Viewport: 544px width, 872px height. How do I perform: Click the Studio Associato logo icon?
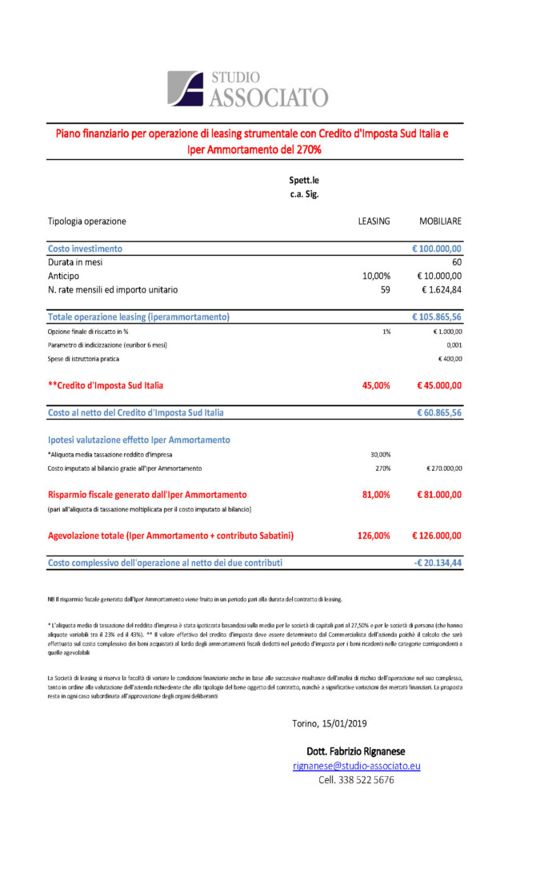tap(186, 88)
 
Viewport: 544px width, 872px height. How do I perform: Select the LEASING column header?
tap(374, 221)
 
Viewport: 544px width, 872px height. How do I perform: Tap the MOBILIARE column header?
tap(440, 221)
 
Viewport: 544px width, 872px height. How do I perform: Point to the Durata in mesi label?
tap(75, 261)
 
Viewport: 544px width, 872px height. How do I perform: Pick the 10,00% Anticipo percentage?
tap(375, 275)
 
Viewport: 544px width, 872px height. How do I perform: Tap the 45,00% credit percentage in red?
tap(374, 385)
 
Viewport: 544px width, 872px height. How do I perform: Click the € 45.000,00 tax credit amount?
tap(439, 385)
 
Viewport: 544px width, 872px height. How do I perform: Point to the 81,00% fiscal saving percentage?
tap(374, 495)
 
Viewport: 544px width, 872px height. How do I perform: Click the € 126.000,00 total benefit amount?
tap(437, 536)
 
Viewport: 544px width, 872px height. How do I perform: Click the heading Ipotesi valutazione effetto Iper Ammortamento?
tap(138, 440)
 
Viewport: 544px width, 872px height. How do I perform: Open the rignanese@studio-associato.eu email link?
tap(356, 766)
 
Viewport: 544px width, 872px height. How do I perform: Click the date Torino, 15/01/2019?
tap(330, 723)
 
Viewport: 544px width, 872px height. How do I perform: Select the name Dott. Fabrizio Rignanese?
tap(356, 751)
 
